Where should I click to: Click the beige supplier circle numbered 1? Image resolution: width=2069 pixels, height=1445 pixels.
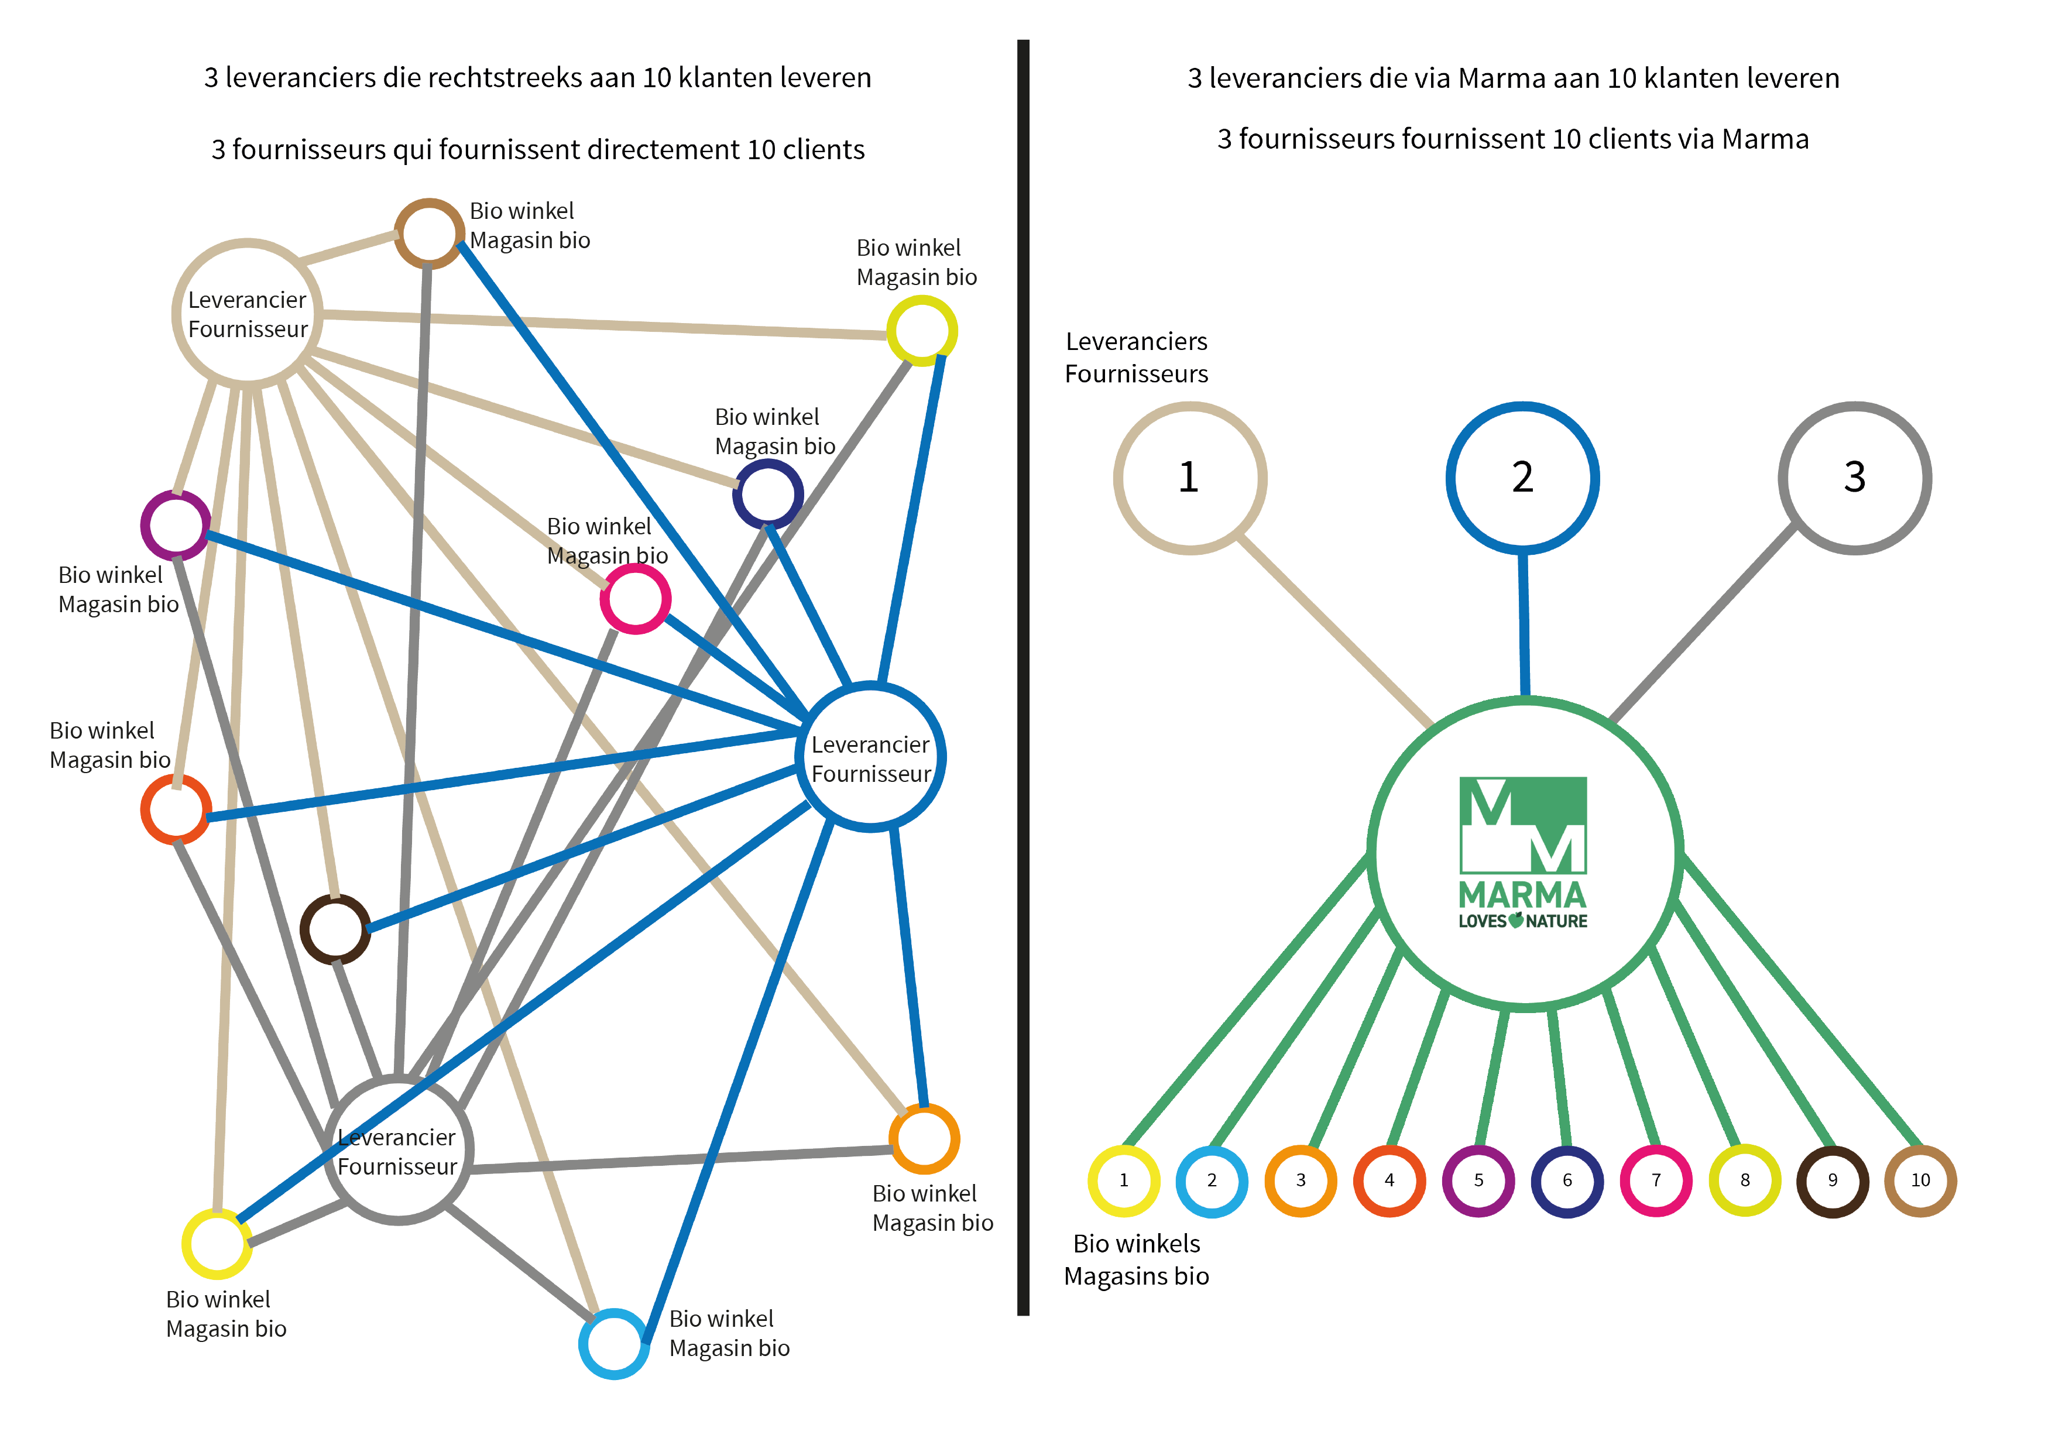pos(1189,478)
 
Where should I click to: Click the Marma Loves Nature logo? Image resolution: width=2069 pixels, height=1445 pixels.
pos(1523,852)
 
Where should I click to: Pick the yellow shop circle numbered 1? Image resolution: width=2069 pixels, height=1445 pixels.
pos(1124,1180)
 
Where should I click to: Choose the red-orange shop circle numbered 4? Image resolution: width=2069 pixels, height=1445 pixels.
pos(1389,1180)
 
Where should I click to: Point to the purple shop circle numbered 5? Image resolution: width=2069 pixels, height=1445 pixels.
pos(1478,1180)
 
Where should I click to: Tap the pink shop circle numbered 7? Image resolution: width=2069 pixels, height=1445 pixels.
pos(1655,1180)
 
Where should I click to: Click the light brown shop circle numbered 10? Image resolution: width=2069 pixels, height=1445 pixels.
pos(1920,1180)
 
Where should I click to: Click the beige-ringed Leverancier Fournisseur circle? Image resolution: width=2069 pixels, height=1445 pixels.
pos(247,314)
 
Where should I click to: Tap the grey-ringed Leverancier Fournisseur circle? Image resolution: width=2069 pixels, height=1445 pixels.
pos(397,1151)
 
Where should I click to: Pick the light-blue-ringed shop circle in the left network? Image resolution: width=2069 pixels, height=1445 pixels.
pos(613,1343)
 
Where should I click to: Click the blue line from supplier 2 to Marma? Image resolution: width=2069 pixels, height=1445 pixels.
pos(1524,622)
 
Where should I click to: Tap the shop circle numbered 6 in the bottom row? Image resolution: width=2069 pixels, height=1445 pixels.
pos(1567,1180)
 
